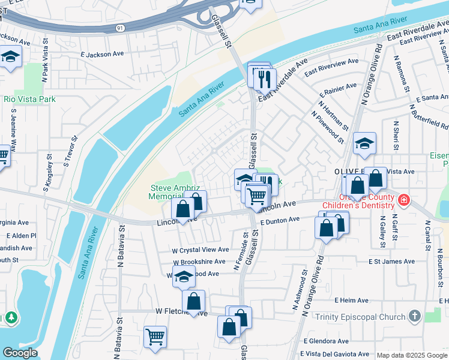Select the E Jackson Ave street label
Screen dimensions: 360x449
[102, 54]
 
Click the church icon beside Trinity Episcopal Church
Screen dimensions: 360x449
[414, 316]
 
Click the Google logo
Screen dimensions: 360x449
[19, 353]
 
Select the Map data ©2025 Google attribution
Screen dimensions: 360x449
[412, 355]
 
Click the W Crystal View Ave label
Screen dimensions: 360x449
[200, 250]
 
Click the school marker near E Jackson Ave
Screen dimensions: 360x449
[10, 58]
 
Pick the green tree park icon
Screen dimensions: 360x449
[11, 317]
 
